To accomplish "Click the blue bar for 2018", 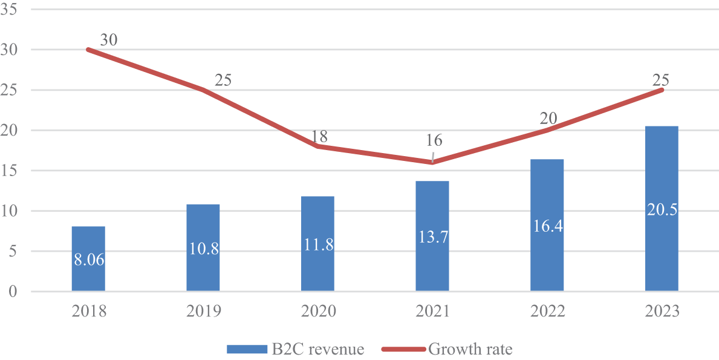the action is coord(88,258).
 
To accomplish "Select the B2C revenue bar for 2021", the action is coord(432,236).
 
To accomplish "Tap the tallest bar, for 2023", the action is coord(662,209).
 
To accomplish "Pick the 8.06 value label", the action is coord(88,260).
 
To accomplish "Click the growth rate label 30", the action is coord(109,40).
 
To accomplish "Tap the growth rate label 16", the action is coord(434,140).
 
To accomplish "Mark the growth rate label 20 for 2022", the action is coord(548,119).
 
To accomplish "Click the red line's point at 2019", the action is coord(203,90).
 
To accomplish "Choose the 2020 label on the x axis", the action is coord(317,312).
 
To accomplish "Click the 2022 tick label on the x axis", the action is coord(547,312).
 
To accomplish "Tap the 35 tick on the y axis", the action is coord(9,9).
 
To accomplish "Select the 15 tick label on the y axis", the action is coord(9,171).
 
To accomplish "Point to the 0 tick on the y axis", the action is coord(13,292).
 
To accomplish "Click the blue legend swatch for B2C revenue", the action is coord(247,350).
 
